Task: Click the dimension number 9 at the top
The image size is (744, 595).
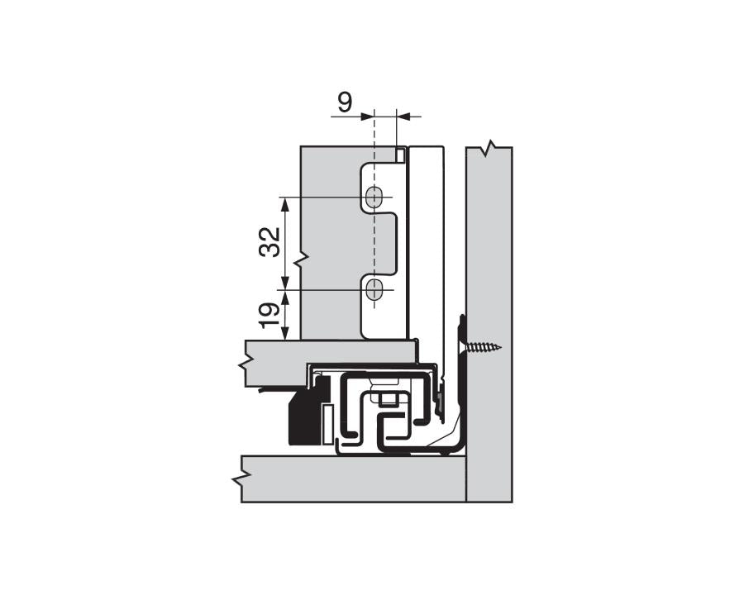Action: (x=345, y=102)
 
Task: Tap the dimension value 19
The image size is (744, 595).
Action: (x=268, y=315)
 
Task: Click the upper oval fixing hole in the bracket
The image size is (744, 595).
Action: (x=374, y=198)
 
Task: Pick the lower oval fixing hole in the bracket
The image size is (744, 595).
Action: (x=374, y=290)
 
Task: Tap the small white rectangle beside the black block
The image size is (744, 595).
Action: (x=327, y=422)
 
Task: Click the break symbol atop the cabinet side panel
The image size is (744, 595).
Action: (x=490, y=149)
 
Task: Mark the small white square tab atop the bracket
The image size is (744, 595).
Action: (x=400, y=155)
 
